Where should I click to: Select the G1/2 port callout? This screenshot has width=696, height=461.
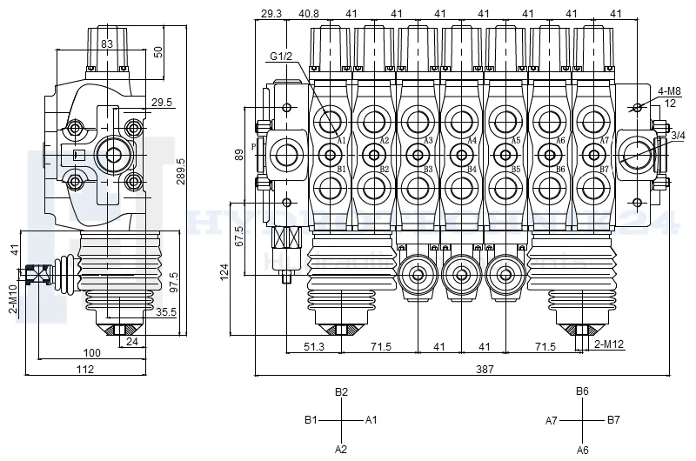(x=280, y=57)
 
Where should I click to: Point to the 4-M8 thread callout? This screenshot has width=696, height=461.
(x=669, y=91)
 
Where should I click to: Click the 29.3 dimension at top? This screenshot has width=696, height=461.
(x=271, y=13)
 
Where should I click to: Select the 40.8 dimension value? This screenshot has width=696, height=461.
(x=309, y=13)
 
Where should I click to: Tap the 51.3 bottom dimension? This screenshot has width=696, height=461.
(x=314, y=346)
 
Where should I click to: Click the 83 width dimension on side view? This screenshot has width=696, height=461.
(x=107, y=43)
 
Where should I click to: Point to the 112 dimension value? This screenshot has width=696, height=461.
(x=84, y=369)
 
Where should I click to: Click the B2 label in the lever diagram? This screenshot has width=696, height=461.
(x=342, y=391)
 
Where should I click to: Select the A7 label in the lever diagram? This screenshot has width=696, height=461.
(x=552, y=420)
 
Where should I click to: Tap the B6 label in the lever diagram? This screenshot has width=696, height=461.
(x=583, y=391)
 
